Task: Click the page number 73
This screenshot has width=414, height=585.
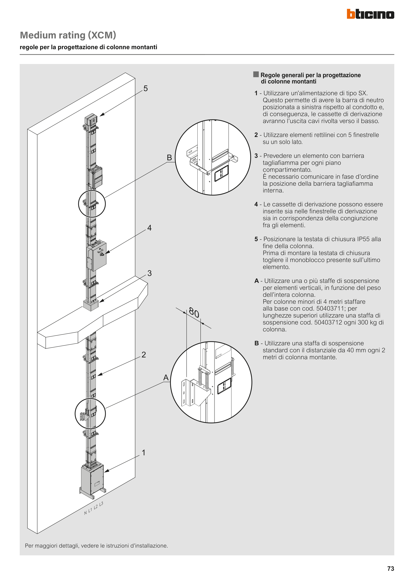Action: (x=390, y=568)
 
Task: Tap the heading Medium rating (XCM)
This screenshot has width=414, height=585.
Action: (x=68, y=35)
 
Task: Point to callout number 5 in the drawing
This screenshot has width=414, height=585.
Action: (x=146, y=88)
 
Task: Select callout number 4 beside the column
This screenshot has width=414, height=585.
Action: (x=150, y=228)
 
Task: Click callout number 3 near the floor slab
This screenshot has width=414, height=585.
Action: (x=150, y=273)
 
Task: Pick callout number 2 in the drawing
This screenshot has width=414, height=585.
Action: (x=144, y=354)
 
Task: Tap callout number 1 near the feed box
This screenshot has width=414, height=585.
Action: (x=144, y=452)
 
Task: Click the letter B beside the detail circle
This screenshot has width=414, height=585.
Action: (x=169, y=158)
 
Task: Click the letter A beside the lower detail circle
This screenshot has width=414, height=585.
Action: (x=166, y=378)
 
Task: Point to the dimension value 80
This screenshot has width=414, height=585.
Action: (x=194, y=313)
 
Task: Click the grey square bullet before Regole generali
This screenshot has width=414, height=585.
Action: (x=256, y=74)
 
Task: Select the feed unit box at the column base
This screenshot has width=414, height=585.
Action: (x=92, y=479)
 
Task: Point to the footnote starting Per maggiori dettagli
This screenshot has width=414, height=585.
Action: (x=96, y=546)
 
